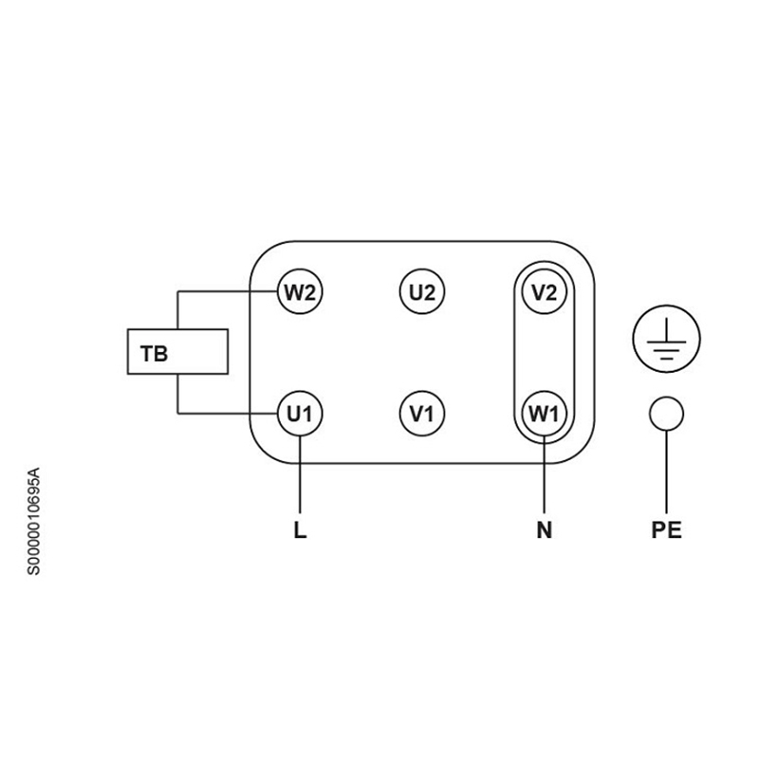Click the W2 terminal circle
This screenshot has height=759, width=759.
300,291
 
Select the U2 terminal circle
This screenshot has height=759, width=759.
422,291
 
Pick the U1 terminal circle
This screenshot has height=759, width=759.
300,414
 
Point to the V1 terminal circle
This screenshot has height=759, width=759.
422,414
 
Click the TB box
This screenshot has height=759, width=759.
178,353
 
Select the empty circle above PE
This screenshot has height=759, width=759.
666,414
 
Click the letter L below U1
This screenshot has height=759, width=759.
300,530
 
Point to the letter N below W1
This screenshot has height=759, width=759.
545,530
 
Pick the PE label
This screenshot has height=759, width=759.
666,530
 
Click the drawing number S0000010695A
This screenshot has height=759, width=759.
34,518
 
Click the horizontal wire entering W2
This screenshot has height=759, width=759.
228,291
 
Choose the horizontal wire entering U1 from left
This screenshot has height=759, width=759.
228,414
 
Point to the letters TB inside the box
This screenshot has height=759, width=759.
154,355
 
